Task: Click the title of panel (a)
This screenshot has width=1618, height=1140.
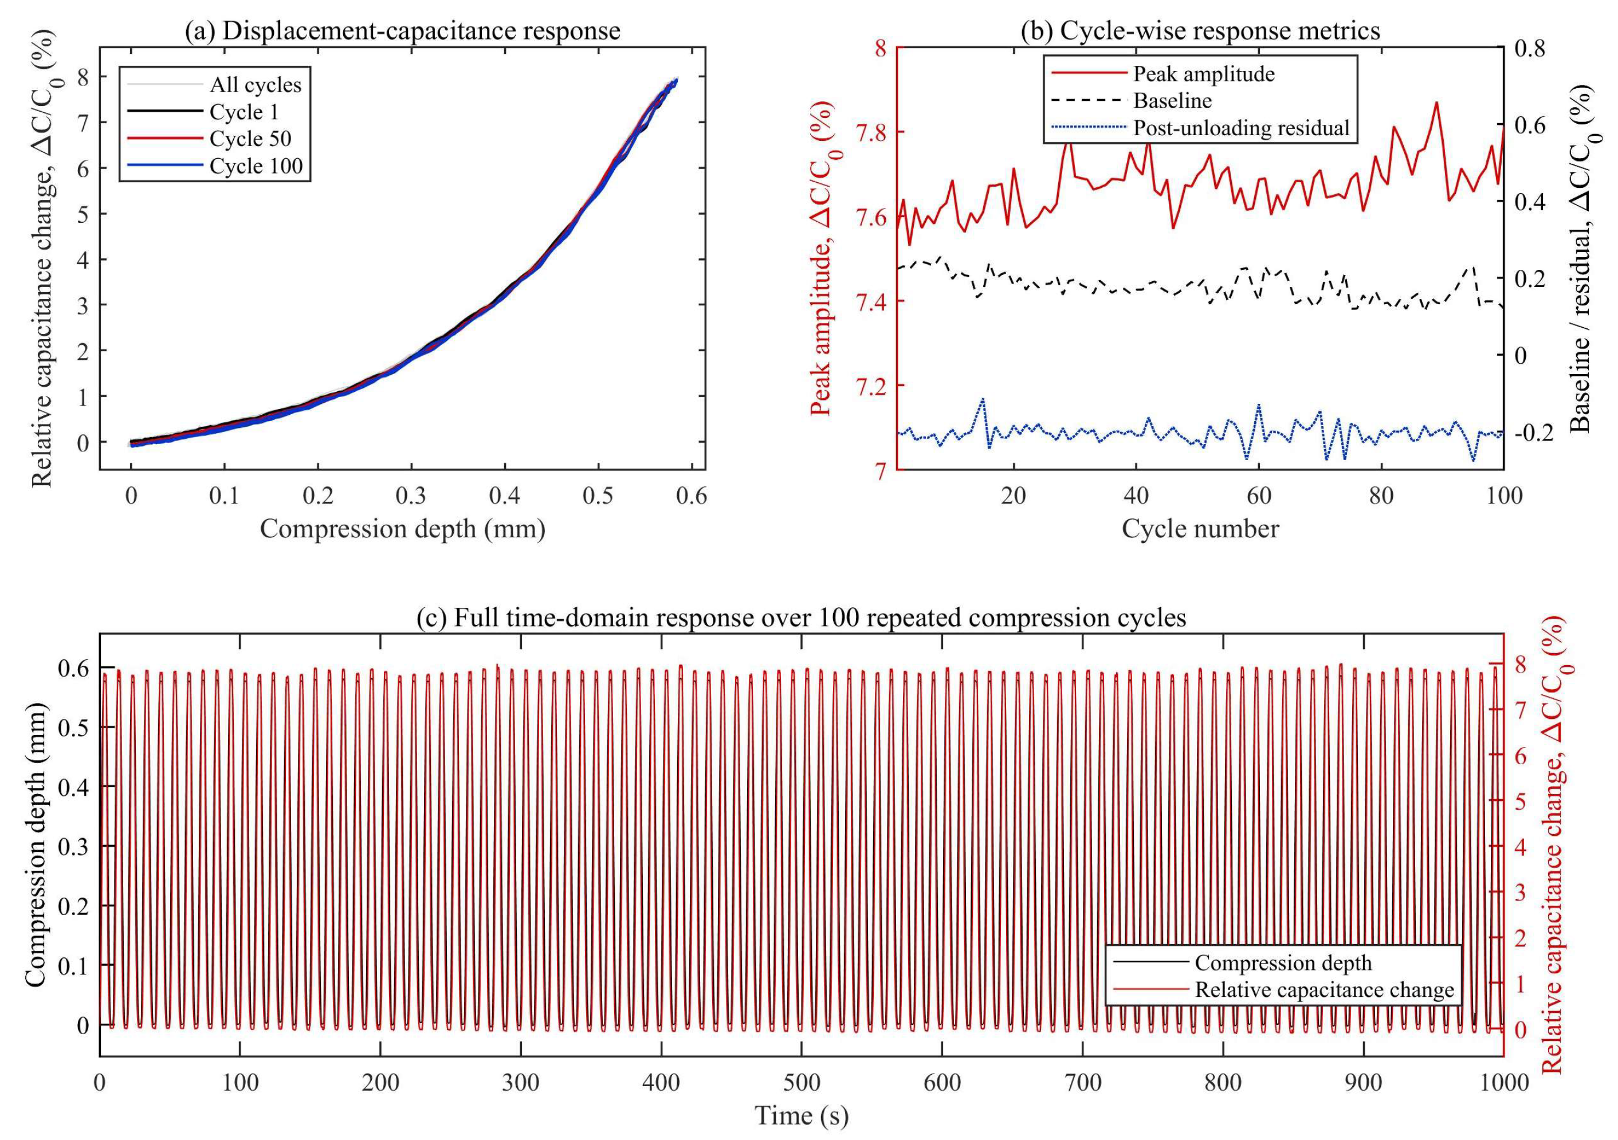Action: coord(402,31)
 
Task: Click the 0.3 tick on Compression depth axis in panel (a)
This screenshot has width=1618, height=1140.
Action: coord(411,496)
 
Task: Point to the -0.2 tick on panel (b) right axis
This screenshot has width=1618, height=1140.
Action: coord(1530,433)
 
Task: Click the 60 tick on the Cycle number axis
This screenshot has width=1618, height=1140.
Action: coord(1259,496)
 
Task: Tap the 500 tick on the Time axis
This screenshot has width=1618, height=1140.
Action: coord(801,1082)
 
